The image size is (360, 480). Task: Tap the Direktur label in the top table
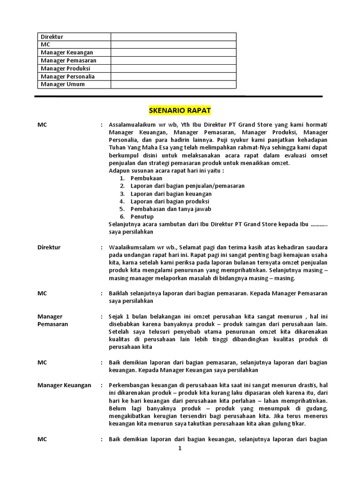[x=52, y=37]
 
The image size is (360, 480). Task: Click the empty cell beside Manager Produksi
[x=173, y=68]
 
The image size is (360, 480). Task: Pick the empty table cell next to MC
[x=173, y=45]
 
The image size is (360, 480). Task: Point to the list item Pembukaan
[x=146, y=179]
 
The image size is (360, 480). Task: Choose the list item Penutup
[x=142, y=217]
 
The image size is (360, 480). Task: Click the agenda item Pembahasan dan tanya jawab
[x=167, y=209]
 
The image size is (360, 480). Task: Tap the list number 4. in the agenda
[x=122, y=202]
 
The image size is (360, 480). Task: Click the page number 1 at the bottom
[x=179, y=449]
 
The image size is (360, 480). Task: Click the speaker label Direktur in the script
[x=49, y=247]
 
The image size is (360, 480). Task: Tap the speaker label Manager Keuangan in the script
[x=64, y=385]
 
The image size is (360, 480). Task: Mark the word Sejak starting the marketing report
[x=116, y=316]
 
